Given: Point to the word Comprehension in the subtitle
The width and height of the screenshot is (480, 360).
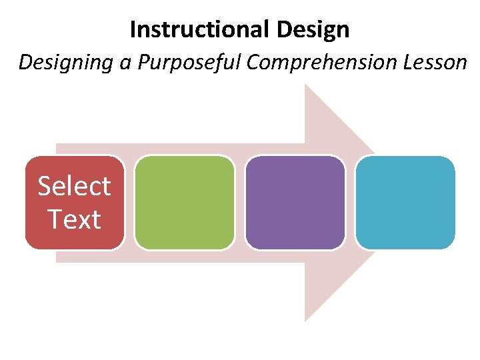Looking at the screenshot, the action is [x=320, y=63].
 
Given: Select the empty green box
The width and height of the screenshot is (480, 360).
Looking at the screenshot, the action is [x=185, y=203].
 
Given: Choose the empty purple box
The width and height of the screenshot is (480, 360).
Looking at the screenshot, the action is [x=295, y=203].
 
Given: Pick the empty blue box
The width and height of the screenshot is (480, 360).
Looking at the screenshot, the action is [x=405, y=203].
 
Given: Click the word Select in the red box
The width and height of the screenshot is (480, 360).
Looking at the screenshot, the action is [x=74, y=186].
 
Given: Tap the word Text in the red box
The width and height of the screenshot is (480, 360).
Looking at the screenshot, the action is [x=74, y=219].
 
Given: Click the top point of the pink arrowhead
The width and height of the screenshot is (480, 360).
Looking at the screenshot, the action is [x=305, y=85].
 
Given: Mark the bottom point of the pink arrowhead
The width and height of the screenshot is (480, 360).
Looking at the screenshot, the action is [x=305, y=320].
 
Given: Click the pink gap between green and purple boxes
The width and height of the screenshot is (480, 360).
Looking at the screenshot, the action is [x=240, y=203].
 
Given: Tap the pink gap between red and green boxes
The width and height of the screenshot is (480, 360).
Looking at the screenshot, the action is [x=129, y=203].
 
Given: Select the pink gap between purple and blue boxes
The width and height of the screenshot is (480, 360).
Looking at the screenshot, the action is [x=350, y=203].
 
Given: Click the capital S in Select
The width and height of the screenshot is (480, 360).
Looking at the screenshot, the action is [x=45, y=186].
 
